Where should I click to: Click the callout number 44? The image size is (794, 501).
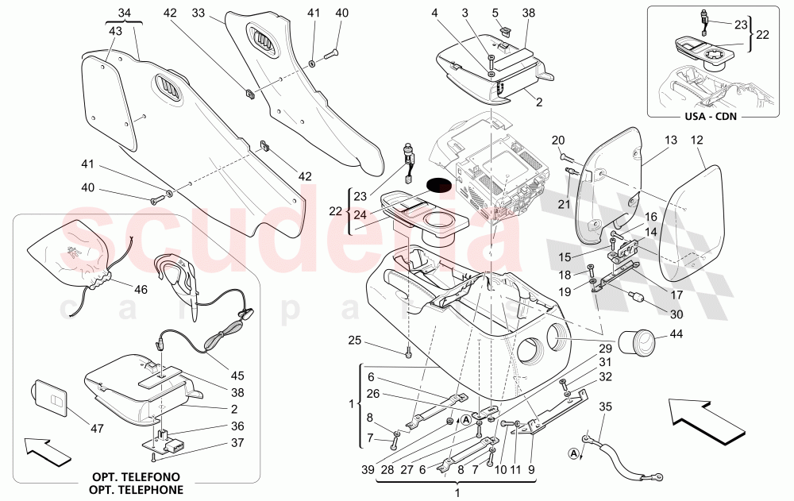pos(676,335)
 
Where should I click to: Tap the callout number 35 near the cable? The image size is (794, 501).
pos(606,407)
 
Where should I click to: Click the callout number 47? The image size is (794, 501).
pos(96,427)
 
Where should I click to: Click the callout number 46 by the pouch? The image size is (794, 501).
pos(141,290)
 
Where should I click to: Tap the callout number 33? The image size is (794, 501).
pos(198,13)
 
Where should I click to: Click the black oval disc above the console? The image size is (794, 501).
pos(437,185)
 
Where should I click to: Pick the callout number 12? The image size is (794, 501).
pos(697,140)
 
